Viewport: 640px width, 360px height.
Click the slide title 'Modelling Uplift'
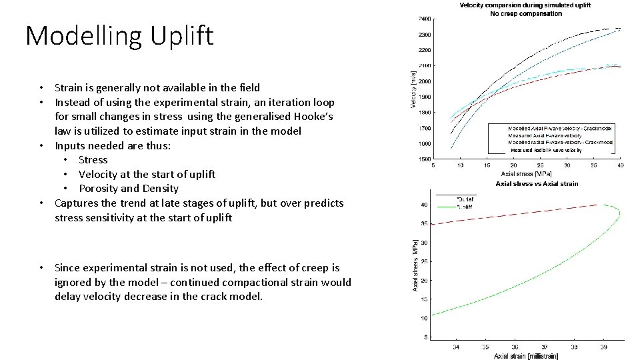point(119,35)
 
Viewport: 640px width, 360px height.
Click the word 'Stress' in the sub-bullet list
point(93,160)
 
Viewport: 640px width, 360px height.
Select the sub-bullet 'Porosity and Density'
point(129,189)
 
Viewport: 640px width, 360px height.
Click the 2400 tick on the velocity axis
point(424,19)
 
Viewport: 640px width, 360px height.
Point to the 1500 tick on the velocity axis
point(424,159)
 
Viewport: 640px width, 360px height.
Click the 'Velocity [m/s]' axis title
point(413,87)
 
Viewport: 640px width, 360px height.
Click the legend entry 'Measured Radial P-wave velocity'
point(546,150)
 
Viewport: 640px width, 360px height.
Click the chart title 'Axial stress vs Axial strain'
point(537,183)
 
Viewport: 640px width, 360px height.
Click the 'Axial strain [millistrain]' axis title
point(526,356)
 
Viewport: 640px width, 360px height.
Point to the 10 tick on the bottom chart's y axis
point(424,318)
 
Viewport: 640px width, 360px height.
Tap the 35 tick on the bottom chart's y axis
point(424,224)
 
